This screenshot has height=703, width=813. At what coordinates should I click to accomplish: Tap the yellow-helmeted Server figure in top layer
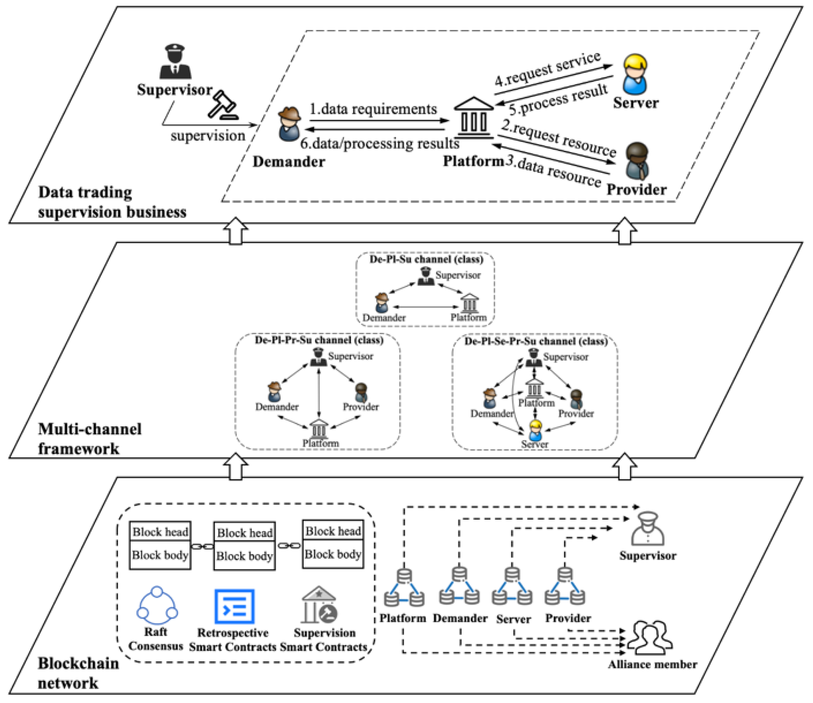(x=635, y=75)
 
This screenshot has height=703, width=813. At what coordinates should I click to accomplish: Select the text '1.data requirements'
(x=373, y=109)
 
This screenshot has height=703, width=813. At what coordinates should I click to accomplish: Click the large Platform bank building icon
(x=473, y=118)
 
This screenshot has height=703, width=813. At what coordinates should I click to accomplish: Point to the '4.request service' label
(x=547, y=70)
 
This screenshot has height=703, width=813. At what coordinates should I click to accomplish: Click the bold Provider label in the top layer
(x=636, y=190)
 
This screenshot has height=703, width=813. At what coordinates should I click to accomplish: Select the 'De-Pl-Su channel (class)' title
(x=426, y=259)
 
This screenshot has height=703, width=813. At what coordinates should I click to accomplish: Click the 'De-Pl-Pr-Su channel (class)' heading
(x=319, y=340)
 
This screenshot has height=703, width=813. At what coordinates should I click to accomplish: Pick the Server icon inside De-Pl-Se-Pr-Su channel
(x=535, y=430)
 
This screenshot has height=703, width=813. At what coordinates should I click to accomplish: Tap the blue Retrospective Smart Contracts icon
(x=234, y=606)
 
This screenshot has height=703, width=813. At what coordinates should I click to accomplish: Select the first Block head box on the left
(x=160, y=532)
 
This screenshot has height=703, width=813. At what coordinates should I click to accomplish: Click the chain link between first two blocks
(x=202, y=546)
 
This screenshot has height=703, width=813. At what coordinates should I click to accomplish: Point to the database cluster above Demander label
(x=459, y=586)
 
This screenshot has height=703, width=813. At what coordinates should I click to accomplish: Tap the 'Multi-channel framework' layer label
(x=89, y=439)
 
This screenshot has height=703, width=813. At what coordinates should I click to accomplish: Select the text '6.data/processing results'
(x=380, y=143)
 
